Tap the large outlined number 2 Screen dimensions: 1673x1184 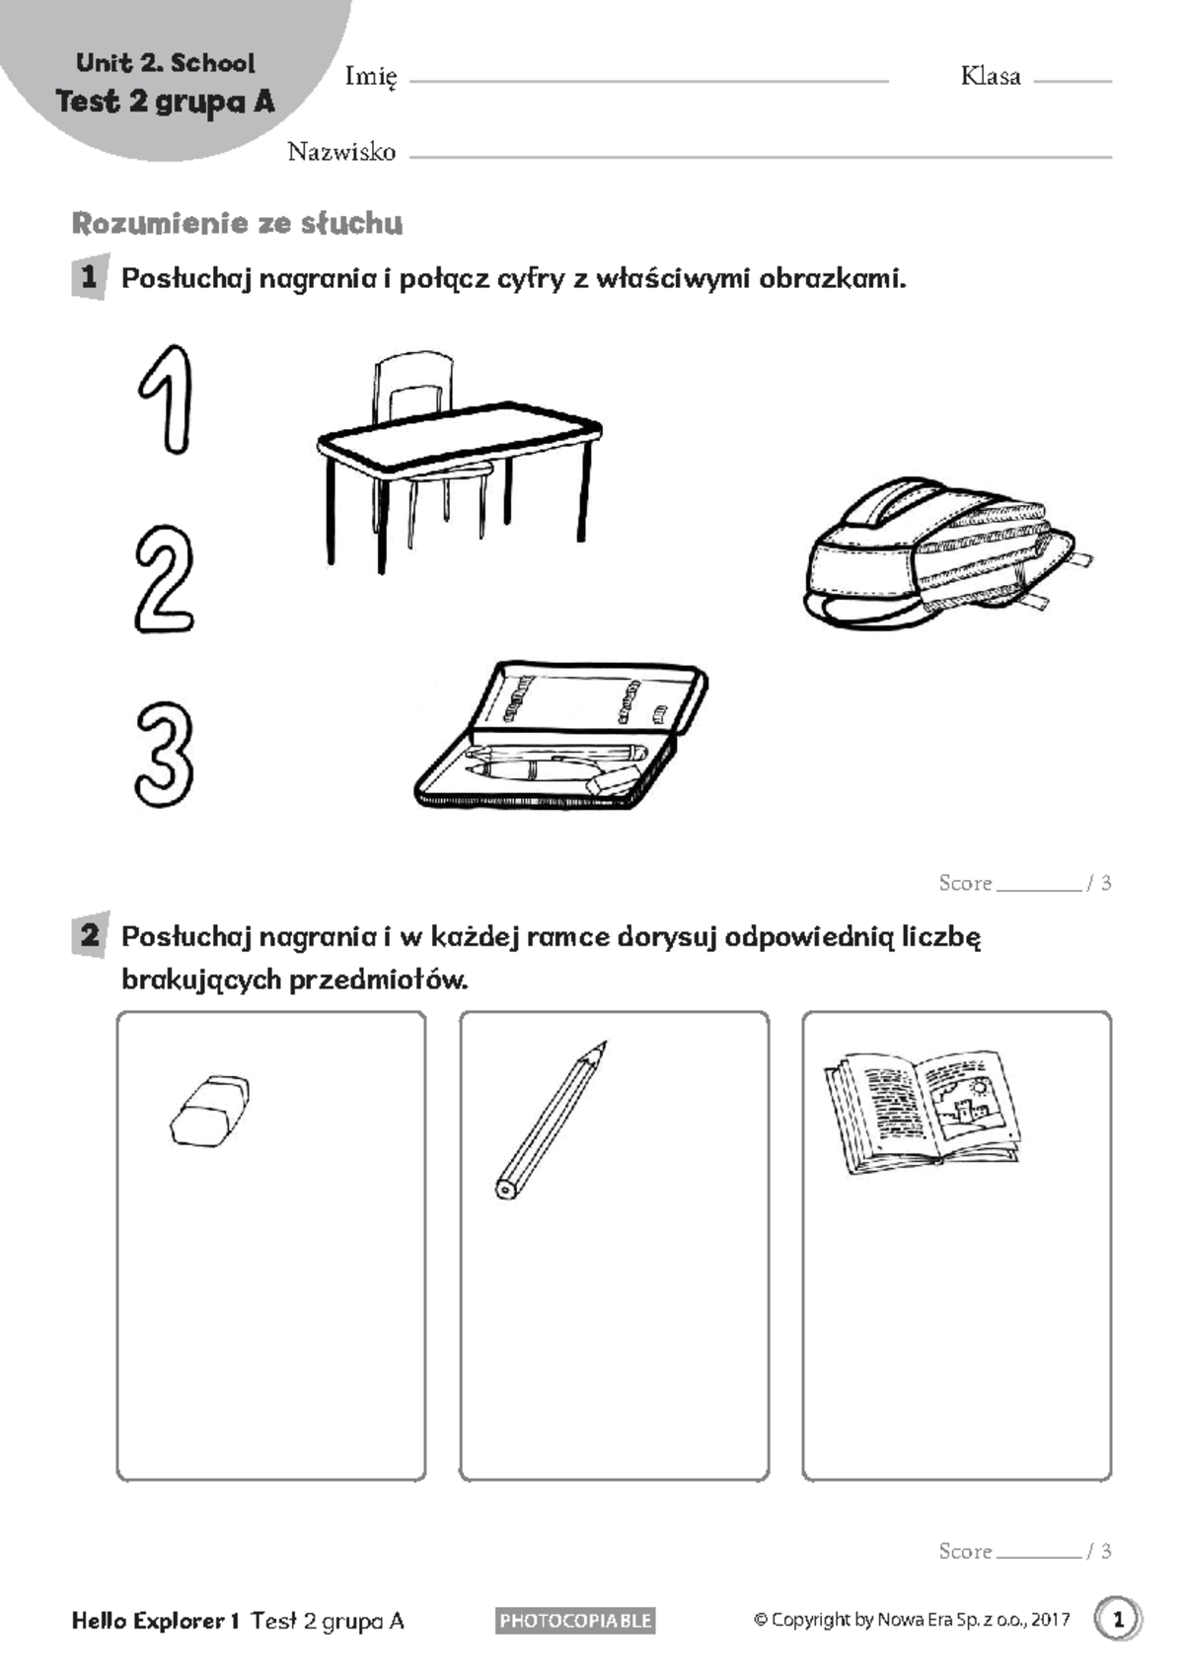[164, 580]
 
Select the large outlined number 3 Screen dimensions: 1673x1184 [164, 755]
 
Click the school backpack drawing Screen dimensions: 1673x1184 [942, 557]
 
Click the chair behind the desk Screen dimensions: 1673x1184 [414, 390]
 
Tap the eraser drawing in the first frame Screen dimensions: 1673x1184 [209, 1111]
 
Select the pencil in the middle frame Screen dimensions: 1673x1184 [550, 1120]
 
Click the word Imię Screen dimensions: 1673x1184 [371, 77]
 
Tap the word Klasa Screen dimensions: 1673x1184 [991, 77]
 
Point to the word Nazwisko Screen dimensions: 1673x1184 [341, 152]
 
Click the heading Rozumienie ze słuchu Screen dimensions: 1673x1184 [237, 224]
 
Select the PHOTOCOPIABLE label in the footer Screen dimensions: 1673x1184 [575, 1620]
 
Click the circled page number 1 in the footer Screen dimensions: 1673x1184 [1118, 1619]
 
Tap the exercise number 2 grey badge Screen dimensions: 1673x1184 [90, 934]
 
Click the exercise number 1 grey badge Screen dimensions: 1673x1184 [90, 277]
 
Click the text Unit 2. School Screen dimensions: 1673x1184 [166, 63]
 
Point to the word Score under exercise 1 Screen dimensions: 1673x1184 [965, 883]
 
